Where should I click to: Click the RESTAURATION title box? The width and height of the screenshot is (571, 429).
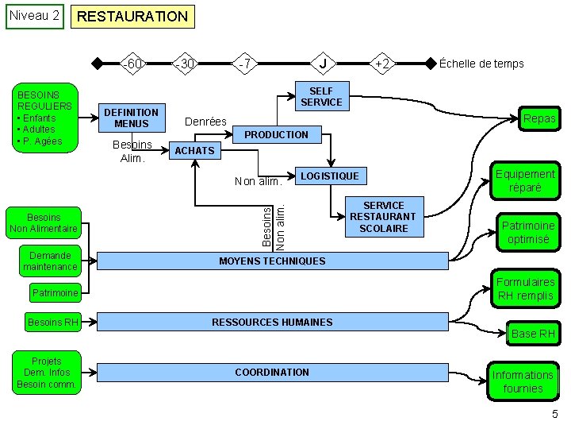point(132,16)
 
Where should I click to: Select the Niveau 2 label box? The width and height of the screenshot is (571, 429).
point(33,16)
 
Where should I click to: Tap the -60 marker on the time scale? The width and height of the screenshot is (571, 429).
point(132,64)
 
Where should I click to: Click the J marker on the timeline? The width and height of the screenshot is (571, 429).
point(322,64)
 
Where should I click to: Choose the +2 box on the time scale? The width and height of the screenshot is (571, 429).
point(381,64)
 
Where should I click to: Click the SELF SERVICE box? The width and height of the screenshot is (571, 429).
point(321,97)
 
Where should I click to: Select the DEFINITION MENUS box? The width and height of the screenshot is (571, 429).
point(131,118)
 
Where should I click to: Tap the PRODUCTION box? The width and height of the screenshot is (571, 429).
point(276,135)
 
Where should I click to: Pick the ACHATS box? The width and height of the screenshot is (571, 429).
point(194,151)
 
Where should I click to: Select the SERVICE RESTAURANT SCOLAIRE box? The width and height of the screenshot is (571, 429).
point(383,217)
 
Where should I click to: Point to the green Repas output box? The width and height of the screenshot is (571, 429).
point(539,119)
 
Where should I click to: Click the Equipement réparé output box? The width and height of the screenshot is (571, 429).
point(525,181)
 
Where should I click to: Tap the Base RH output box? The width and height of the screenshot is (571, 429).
point(533,334)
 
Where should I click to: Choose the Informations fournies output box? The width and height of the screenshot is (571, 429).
point(523,381)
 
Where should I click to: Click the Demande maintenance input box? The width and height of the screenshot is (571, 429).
point(50,261)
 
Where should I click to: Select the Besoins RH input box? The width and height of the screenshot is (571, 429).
point(53,323)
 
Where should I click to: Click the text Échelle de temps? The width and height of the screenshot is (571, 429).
point(481,64)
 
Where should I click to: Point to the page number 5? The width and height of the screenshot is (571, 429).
point(555,414)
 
